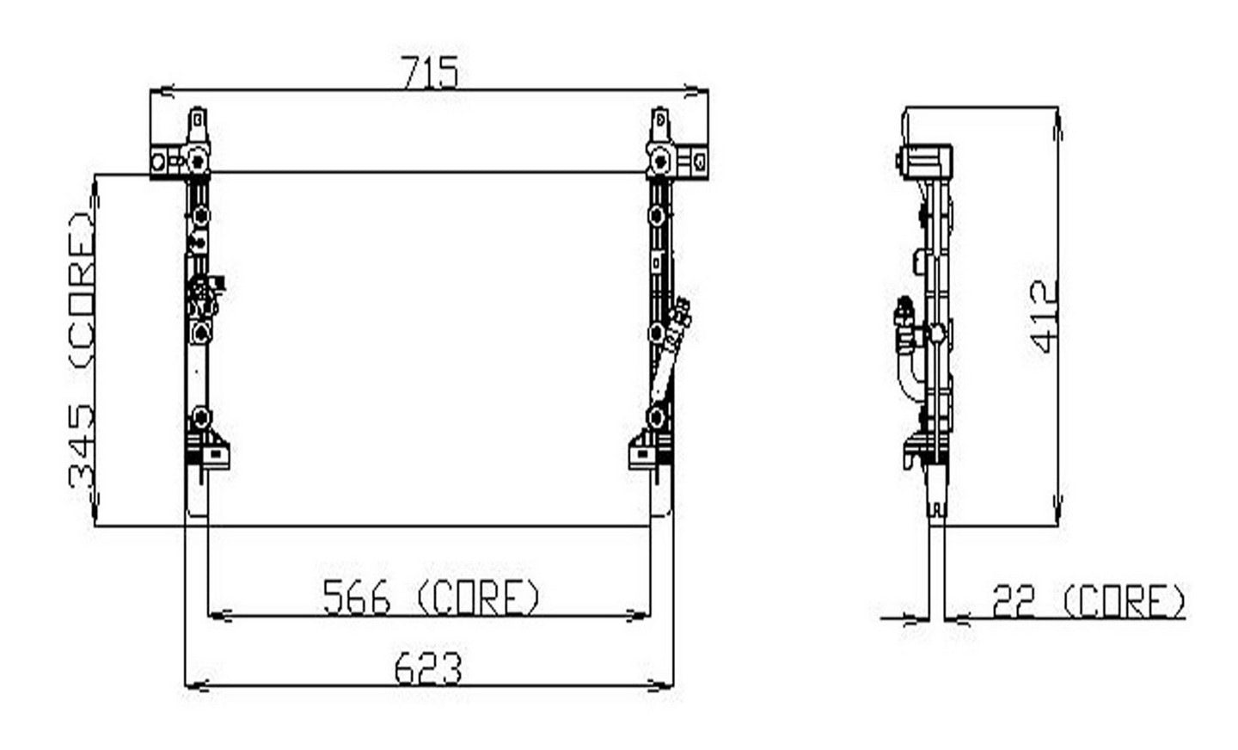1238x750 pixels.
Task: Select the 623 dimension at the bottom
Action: point(427,668)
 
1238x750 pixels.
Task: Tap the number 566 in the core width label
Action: point(356,597)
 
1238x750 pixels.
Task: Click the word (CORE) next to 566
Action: point(478,597)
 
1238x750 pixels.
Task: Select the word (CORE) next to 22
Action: point(1124,601)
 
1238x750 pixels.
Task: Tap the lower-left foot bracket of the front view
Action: point(211,452)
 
